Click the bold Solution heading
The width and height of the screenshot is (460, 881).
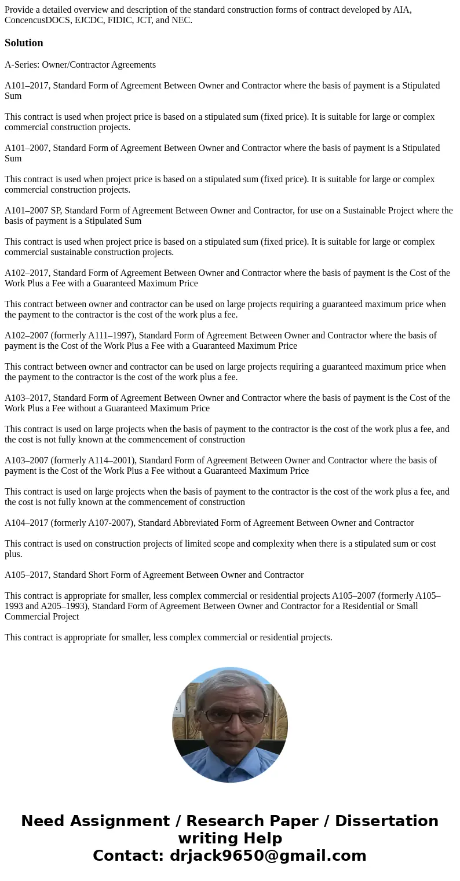(24, 43)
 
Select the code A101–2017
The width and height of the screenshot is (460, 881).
(27, 86)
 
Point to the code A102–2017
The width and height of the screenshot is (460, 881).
(27, 273)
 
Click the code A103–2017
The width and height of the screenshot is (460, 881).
(27, 398)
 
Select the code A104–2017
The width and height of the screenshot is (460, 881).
(27, 523)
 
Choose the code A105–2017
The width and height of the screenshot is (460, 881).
(27, 575)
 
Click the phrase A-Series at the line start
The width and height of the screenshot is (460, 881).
(21, 65)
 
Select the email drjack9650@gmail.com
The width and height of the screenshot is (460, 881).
(268, 856)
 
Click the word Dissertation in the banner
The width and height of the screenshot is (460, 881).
(386, 821)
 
